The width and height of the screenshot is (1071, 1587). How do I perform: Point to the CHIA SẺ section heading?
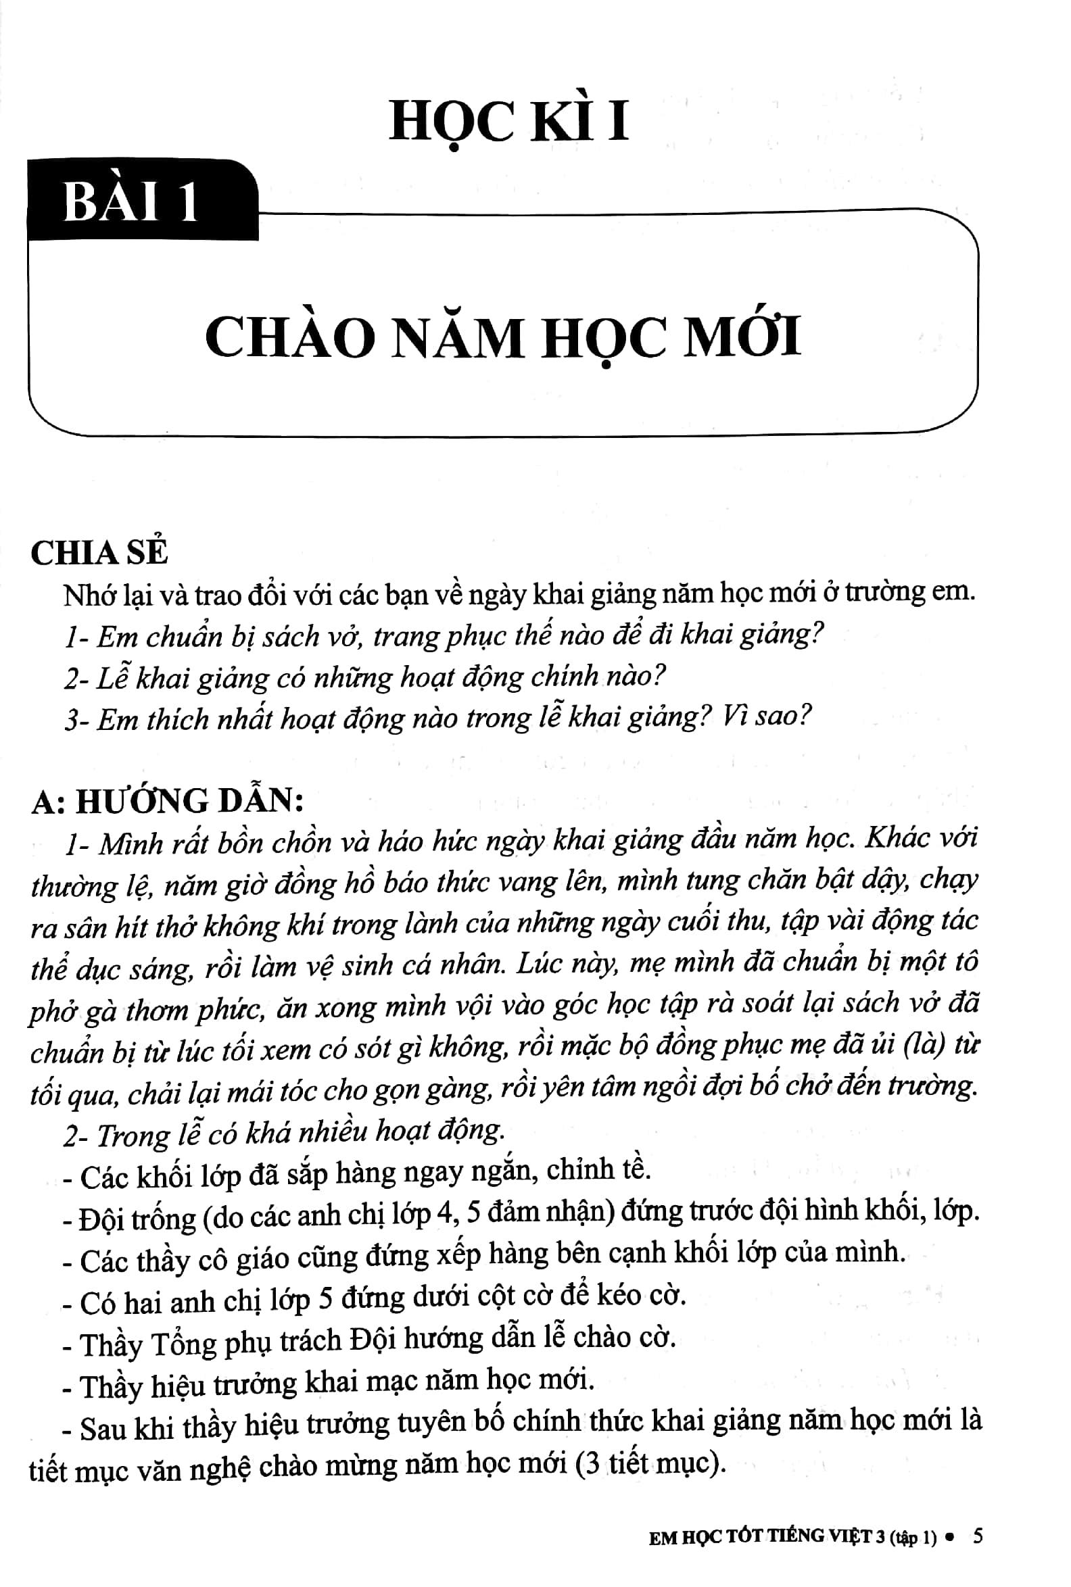tap(99, 553)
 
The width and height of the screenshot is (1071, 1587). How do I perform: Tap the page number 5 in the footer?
tap(978, 1536)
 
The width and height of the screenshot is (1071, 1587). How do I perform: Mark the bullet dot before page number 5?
tap(949, 1537)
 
